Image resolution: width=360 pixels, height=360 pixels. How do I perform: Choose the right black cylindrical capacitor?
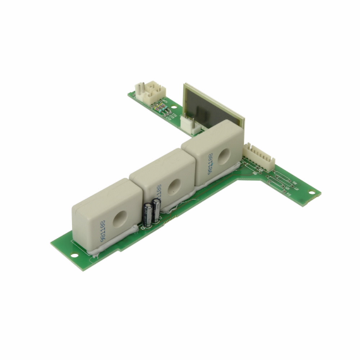(x=155, y=210)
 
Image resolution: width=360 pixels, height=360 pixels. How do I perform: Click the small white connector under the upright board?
(x=189, y=124)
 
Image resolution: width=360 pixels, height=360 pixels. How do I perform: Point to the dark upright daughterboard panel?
(x=212, y=101)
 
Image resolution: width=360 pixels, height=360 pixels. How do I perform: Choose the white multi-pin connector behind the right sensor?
(x=257, y=155)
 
